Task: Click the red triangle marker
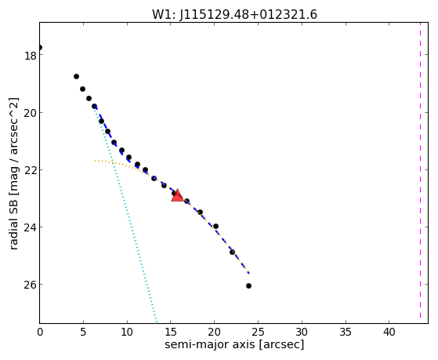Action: pyautogui.click(x=177, y=196)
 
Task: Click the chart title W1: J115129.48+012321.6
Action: pyautogui.click(x=234, y=15)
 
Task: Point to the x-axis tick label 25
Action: pyautogui.click(x=258, y=332)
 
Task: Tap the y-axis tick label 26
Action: pyautogui.click(x=30, y=285)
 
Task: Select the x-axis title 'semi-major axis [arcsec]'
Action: pyautogui.click(x=234, y=344)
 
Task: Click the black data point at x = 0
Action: pyautogui.click(x=40, y=47)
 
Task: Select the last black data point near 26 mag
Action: pyautogui.click(x=248, y=285)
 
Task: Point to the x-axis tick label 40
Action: pyautogui.click(x=389, y=332)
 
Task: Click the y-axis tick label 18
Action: pyautogui.click(x=30, y=56)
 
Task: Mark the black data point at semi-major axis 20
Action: pyautogui.click(x=215, y=227)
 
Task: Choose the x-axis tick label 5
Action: pyautogui.click(x=83, y=332)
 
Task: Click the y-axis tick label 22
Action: pyautogui.click(x=30, y=169)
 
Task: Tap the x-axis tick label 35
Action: pyautogui.click(x=346, y=332)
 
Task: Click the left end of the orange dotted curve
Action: pyautogui.click(x=95, y=161)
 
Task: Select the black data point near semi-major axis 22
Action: pyautogui.click(x=232, y=252)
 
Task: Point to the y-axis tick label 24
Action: pyautogui.click(x=30, y=227)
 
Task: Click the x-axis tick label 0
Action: pyautogui.click(x=40, y=332)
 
